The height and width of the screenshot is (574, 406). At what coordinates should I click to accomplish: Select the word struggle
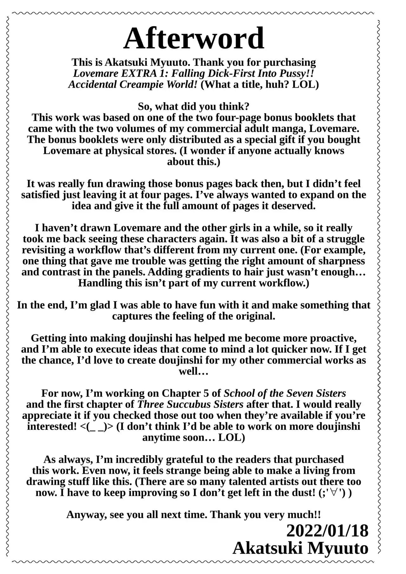pyautogui.click(x=344, y=239)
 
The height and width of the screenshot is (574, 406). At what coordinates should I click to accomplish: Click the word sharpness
pyautogui.click(x=343, y=261)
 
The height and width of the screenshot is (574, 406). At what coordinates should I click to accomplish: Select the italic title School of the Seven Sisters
pyautogui.click(x=285, y=393)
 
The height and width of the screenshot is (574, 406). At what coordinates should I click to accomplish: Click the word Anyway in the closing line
pyautogui.click(x=86, y=514)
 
